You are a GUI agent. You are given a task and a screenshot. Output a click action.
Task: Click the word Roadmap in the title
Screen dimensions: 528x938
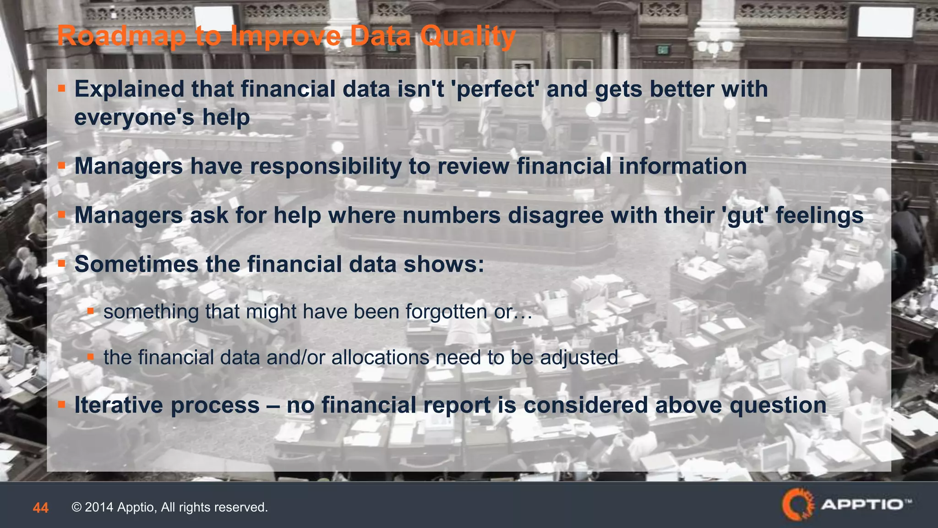pos(122,36)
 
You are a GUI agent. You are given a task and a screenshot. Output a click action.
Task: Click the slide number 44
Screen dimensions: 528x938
pos(41,508)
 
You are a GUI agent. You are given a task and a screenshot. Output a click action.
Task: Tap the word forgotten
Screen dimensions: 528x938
pos(447,312)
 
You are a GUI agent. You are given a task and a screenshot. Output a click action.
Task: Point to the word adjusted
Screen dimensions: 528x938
pos(579,357)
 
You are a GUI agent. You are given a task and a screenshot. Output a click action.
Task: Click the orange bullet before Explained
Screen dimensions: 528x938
pos(62,88)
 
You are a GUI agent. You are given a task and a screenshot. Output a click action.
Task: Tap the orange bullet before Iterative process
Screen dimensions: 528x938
pos(62,404)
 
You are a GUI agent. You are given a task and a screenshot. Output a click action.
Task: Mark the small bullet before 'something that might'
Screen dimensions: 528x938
pos(91,311)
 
